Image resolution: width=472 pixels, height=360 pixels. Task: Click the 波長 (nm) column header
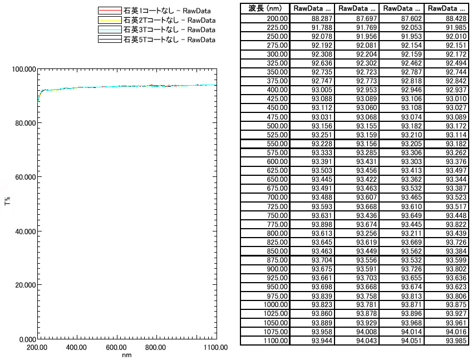coord(265,9)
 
